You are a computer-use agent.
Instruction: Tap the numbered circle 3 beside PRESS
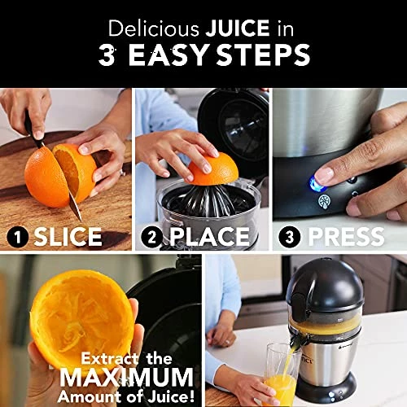(x=289, y=237)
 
